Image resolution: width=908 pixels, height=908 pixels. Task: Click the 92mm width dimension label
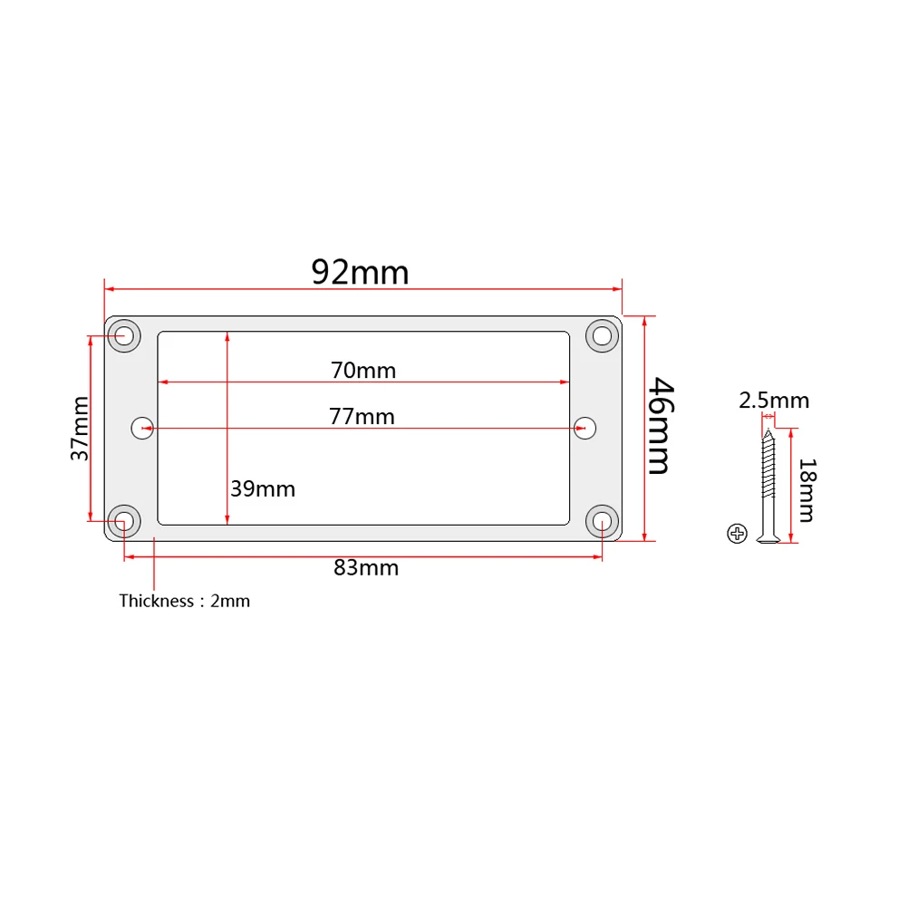pyautogui.click(x=360, y=272)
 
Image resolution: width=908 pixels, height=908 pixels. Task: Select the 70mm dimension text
pyautogui.click(x=363, y=370)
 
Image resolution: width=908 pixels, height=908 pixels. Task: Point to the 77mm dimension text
pyautogui.click(x=362, y=416)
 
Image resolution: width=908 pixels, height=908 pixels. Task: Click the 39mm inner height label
pyautogui.click(x=263, y=488)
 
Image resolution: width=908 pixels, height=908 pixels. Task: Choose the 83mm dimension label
pyautogui.click(x=366, y=568)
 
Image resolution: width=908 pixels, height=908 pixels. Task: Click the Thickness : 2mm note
pyautogui.click(x=184, y=601)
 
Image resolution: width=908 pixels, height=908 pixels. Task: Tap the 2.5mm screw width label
pyautogui.click(x=774, y=401)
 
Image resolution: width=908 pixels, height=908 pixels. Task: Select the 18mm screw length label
pyautogui.click(x=806, y=490)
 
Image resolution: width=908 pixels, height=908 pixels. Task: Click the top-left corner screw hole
pyautogui.click(x=125, y=335)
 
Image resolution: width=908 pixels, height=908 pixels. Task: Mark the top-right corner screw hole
pyautogui.click(x=600, y=335)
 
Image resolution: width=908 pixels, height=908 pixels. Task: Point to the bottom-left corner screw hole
pyautogui.click(x=124, y=521)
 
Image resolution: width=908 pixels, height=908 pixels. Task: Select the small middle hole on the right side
pyautogui.click(x=586, y=428)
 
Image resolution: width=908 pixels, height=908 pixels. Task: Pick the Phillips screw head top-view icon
pyautogui.click(x=737, y=534)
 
